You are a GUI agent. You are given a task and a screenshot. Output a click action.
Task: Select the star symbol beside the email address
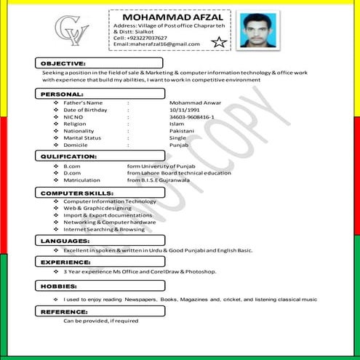pyautogui.click(x=217, y=43)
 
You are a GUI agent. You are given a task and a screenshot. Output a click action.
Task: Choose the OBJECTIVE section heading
pyautogui.click(x=64, y=64)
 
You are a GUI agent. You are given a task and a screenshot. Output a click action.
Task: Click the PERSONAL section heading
pyautogui.click(x=62, y=95)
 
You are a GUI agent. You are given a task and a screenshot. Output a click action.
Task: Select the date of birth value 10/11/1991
pyautogui.click(x=184, y=109)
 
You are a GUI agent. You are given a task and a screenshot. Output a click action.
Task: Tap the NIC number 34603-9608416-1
pyautogui.click(x=191, y=116)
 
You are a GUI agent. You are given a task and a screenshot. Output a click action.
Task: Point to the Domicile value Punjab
pyautogui.click(x=179, y=145)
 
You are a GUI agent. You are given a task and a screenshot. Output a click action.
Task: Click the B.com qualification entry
pyautogui.click(x=72, y=166)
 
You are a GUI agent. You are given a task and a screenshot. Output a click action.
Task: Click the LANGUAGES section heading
pyautogui.click(x=65, y=240)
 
